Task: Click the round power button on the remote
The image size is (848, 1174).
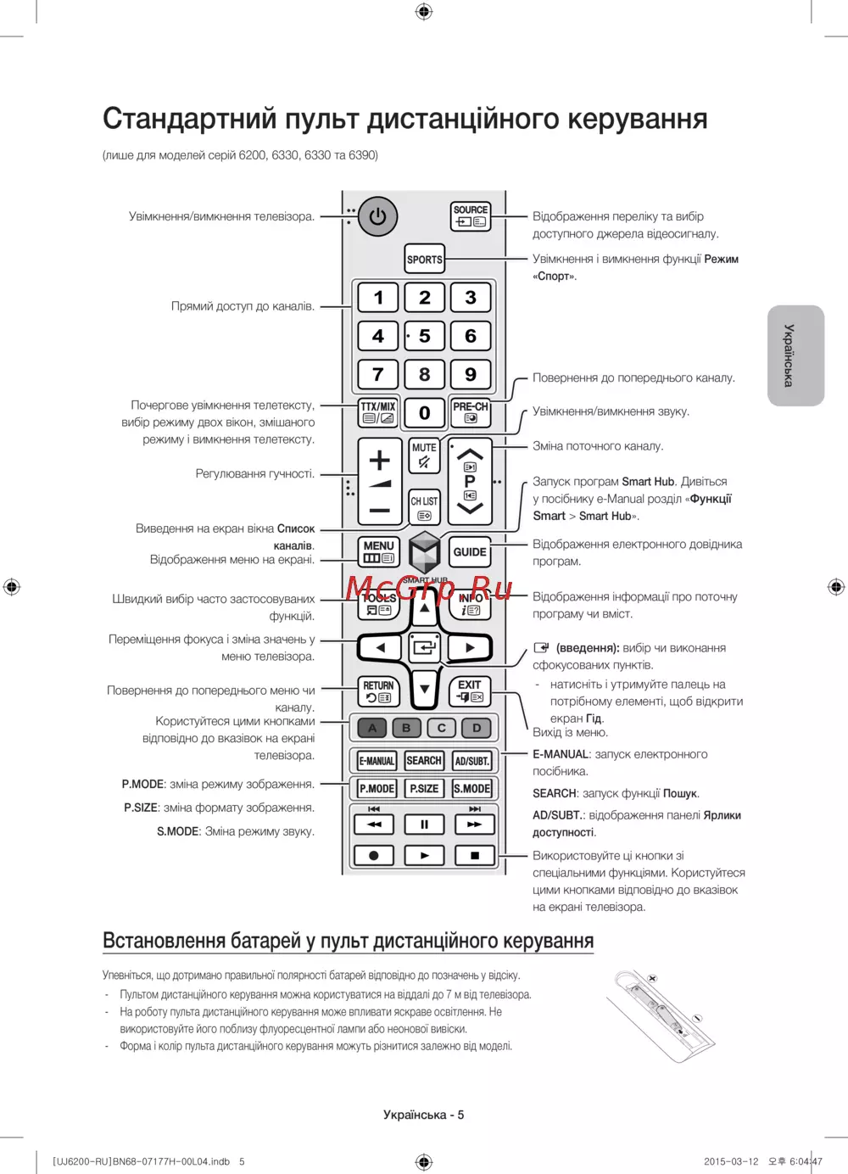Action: [x=378, y=217]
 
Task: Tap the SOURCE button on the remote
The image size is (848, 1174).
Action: [x=471, y=216]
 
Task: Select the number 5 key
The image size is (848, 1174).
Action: [x=424, y=336]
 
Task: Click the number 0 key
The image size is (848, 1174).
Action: [x=424, y=413]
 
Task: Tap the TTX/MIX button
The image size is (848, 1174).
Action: [x=378, y=412]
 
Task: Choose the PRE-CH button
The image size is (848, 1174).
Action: [x=471, y=412]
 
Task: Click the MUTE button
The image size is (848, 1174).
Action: [x=424, y=456]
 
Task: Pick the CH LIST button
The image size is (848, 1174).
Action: [x=424, y=506]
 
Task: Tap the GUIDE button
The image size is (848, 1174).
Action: [x=470, y=552]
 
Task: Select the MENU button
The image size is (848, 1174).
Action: [x=378, y=551]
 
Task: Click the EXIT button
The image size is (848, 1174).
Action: [x=470, y=690]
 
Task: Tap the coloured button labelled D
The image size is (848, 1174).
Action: [x=477, y=728]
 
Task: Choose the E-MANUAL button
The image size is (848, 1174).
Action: [x=376, y=761]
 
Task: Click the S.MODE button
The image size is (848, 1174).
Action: [x=472, y=788]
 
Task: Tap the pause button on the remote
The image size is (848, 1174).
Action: [x=424, y=824]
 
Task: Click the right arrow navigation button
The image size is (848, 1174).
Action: [x=469, y=648]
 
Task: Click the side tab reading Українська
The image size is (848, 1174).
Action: [x=795, y=355]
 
